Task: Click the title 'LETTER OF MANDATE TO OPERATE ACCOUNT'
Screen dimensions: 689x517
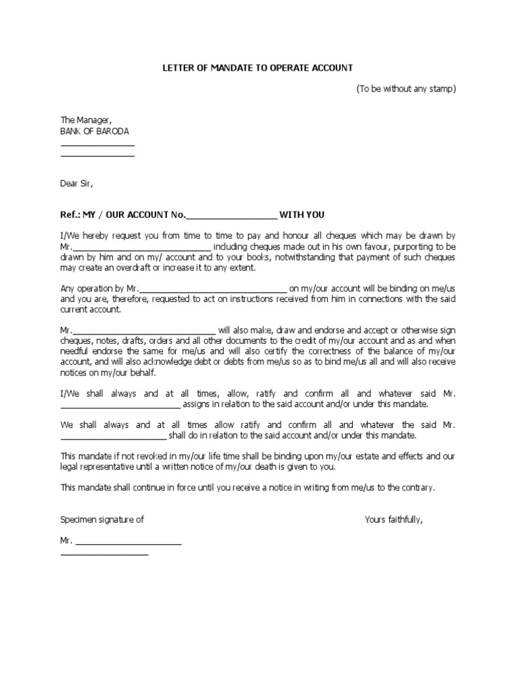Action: pos(258,69)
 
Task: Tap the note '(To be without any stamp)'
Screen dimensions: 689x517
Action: pos(406,89)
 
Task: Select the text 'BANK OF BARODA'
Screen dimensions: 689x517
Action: pos(94,131)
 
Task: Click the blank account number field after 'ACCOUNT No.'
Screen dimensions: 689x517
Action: pos(231,216)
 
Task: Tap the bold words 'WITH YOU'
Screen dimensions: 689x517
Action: pos(302,215)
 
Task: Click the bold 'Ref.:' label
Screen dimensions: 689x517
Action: pos(71,215)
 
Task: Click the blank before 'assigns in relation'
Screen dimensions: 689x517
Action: pos(120,405)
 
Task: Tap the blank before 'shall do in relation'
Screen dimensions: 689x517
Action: pos(118,436)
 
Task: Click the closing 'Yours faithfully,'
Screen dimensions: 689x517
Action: pos(394,519)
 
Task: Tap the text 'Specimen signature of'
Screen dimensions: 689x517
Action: pos(102,519)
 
